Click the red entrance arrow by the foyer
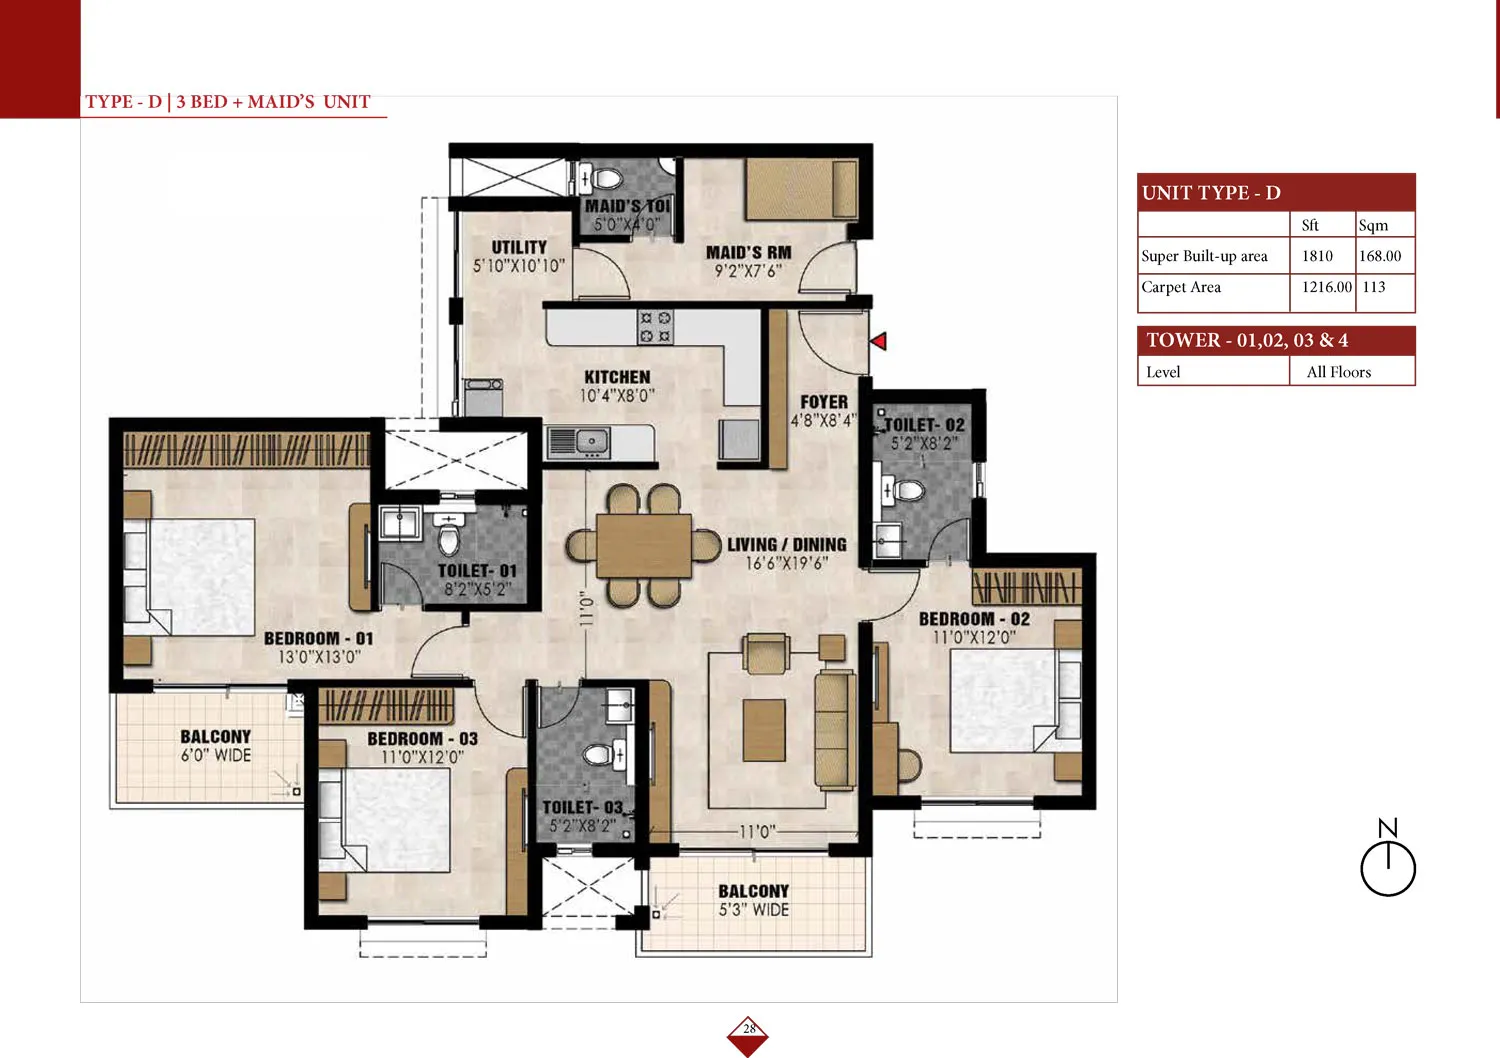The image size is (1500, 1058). pyautogui.click(x=879, y=341)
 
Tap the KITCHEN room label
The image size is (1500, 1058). pyautogui.click(x=617, y=377)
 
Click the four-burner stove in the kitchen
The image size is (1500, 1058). pyautogui.click(x=655, y=327)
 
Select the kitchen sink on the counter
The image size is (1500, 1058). pyautogui.click(x=579, y=442)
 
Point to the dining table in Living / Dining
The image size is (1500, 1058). pyautogui.click(x=644, y=545)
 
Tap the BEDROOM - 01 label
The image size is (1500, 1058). pyautogui.click(x=319, y=638)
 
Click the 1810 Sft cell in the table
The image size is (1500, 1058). pyautogui.click(x=1317, y=256)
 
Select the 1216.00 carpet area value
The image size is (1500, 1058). pyautogui.click(x=1327, y=287)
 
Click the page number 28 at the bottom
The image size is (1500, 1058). pyautogui.click(x=749, y=1029)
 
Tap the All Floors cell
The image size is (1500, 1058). pyautogui.click(x=1339, y=372)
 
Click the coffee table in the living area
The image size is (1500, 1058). pyautogui.click(x=764, y=730)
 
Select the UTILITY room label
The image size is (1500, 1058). pyautogui.click(x=519, y=247)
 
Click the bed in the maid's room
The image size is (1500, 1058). pyautogui.click(x=802, y=189)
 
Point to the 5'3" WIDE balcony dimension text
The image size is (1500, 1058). pyautogui.click(x=754, y=910)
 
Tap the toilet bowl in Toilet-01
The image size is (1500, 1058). pyautogui.click(x=449, y=536)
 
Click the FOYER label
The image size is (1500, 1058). pyautogui.click(x=824, y=402)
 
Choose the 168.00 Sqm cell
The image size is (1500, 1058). pyautogui.click(x=1380, y=256)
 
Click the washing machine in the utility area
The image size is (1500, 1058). pyautogui.click(x=483, y=396)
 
